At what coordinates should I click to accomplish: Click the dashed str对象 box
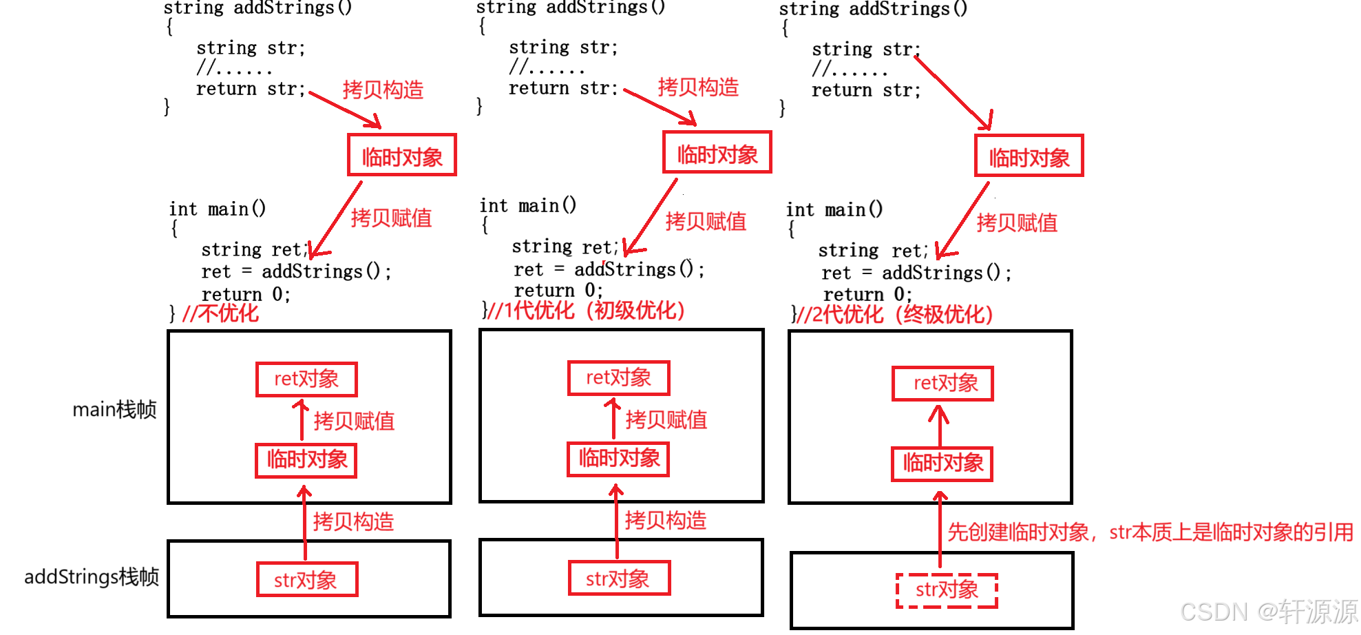[x=947, y=590]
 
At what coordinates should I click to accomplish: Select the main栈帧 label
[x=114, y=410]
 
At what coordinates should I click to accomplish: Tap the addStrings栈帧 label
[x=92, y=576]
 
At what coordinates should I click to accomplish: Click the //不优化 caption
[x=220, y=314]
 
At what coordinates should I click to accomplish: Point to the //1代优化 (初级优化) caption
[x=585, y=311]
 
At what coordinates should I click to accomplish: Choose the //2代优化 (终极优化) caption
[x=894, y=315]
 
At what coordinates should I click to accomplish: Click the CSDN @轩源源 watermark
[x=1268, y=612]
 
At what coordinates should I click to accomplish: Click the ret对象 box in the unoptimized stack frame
[x=306, y=379]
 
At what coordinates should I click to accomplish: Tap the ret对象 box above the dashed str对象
[x=942, y=384]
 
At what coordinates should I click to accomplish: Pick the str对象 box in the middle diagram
[x=619, y=579]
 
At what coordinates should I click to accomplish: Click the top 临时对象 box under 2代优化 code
[x=1029, y=156]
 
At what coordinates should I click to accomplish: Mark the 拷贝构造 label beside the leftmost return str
[x=383, y=90]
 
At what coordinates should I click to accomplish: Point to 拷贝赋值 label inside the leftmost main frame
[x=354, y=421]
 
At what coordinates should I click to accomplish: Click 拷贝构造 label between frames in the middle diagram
[x=665, y=520]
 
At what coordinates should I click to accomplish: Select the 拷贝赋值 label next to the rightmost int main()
[x=1017, y=222]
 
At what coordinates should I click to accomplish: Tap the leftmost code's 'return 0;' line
[x=246, y=294]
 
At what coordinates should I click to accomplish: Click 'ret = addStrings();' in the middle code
[x=609, y=269]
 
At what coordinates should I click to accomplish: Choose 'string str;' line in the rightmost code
[x=865, y=50]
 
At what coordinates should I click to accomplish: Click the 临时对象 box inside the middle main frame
[x=618, y=459]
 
